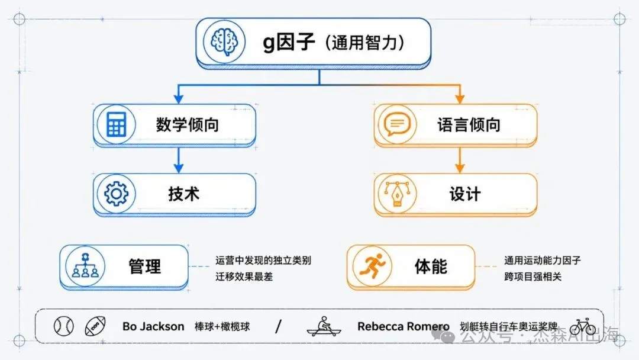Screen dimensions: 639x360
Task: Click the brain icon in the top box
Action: coord(224,41)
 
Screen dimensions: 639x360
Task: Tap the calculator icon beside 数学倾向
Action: coord(116,124)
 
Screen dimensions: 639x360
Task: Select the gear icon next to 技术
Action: coord(116,194)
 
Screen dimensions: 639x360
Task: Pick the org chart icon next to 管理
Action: coord(85,266)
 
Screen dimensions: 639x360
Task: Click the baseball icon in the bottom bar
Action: coord(63,326)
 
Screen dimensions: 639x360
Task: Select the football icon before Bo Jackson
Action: coord(95,326)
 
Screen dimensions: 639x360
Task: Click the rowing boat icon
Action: coord(324,326)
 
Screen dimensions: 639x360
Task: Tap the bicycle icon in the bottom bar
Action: coord(582,327)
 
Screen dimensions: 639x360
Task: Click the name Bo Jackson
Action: coord(153,327)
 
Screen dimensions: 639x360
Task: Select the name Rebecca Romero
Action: coord(403,327)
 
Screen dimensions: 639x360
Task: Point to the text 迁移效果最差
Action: coord(244,277)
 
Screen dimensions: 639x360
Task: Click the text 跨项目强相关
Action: coord(532,277)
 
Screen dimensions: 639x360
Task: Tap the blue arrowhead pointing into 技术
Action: coord(178,168)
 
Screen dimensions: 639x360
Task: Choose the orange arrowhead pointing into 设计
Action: coord(460,168)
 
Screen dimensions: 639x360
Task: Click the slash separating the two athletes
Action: coord(278,326)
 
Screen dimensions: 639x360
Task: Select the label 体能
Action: coord(431,266)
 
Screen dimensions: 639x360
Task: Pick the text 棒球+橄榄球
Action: coord(222,327)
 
